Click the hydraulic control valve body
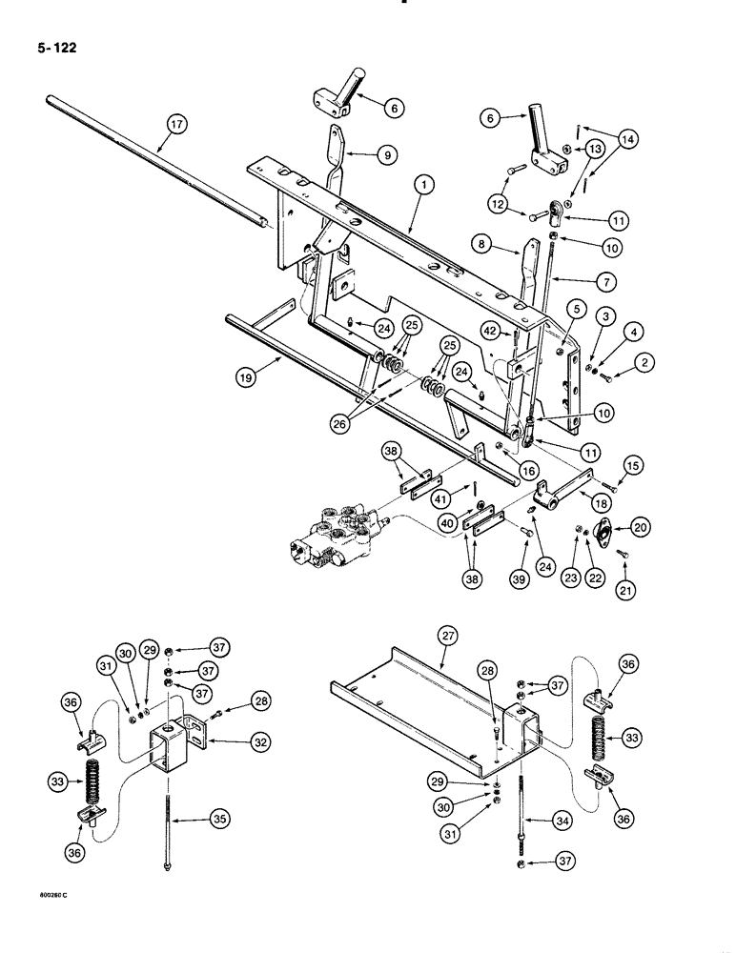(x=340, y=543)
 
